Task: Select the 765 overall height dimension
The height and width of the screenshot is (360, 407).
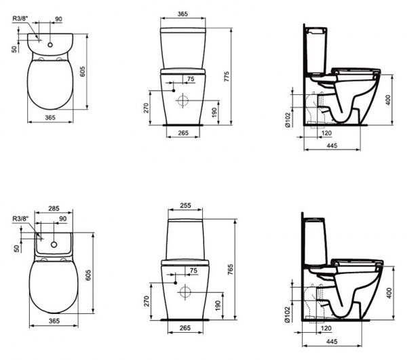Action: click(235, 269)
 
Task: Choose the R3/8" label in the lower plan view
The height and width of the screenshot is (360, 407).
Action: click(20, 218)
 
